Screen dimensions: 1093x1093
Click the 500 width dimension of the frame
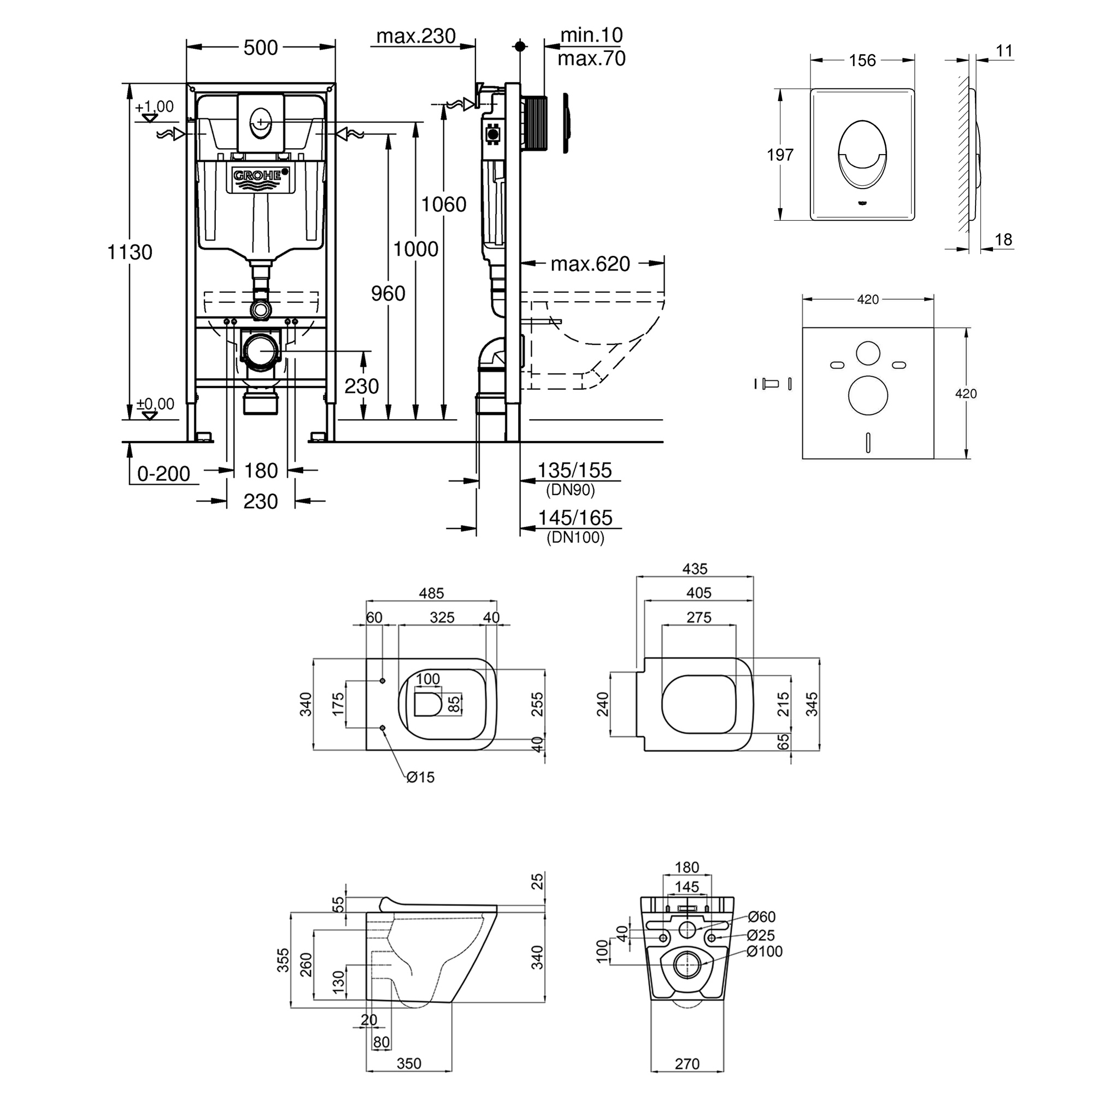click(x=261, y=48)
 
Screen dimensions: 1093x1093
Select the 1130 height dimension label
click(x=130, y=252)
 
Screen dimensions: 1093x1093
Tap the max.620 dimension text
click(x=590, y=263)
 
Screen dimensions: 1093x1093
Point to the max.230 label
click(x=416, y=36)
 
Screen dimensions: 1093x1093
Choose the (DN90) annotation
click(x=570, y=489)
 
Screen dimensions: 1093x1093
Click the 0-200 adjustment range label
click(x=163, y=473)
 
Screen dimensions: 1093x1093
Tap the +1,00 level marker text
click(x=154, y=107)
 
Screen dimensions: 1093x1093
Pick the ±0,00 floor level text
click(x=155, y=404)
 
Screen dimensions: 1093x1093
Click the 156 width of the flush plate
click(x=862, y=60)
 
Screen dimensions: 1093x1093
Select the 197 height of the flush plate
click(x=780, y=155)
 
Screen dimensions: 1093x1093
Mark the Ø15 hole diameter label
click(x=420, y=777)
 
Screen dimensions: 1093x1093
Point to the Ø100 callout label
click(x=765, y=951)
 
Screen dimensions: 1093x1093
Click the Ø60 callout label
click(x=761, y=916)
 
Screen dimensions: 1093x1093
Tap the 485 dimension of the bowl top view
click(x=431, y=593)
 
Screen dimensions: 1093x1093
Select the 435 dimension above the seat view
click(x=695, y=568)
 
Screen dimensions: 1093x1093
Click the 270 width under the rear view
click(x=687, y=1063)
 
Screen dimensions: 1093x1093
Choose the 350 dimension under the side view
click(x=408, y=1063)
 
